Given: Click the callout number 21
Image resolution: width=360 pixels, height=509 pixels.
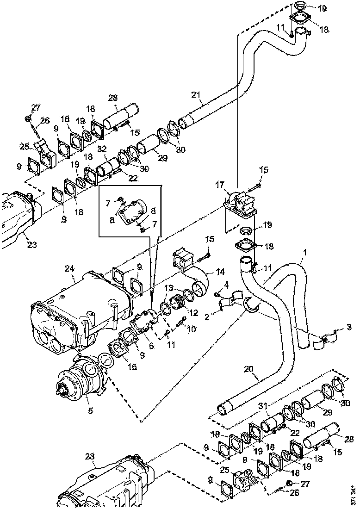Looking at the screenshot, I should [x=196, y=95].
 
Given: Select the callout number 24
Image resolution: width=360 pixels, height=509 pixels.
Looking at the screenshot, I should [x=70, y=268].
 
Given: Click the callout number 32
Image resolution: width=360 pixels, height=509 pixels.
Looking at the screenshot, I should [x=102, y=149].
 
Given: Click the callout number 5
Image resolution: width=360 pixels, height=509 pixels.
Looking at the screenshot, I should [x=90, y=410].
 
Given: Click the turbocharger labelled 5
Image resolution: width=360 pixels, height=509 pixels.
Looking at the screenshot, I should [x=86, y=379].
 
